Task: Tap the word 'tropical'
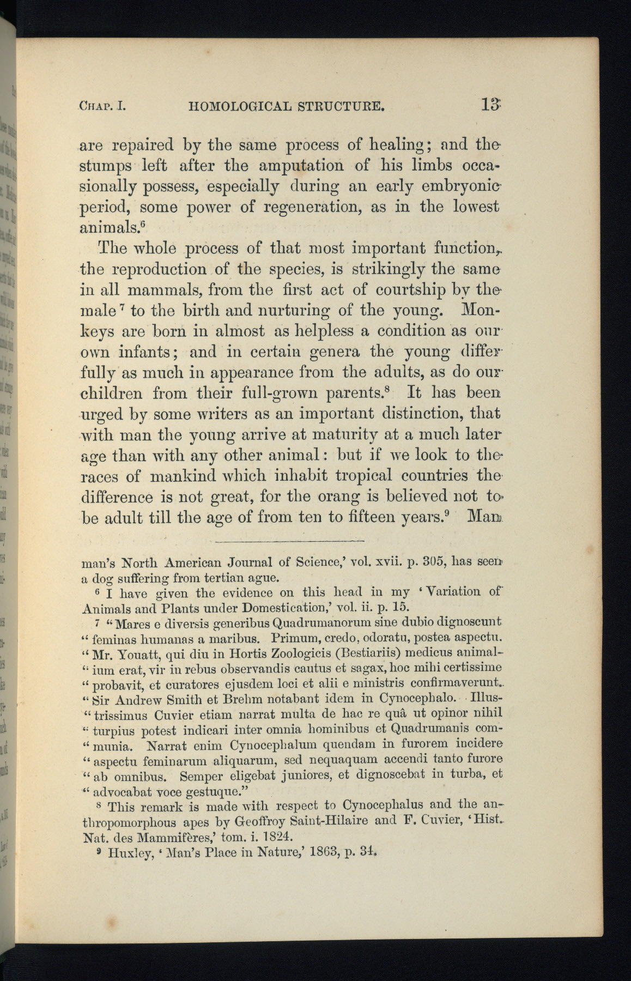tap(356, 475)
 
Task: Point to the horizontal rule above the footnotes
tap(289, 541)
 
